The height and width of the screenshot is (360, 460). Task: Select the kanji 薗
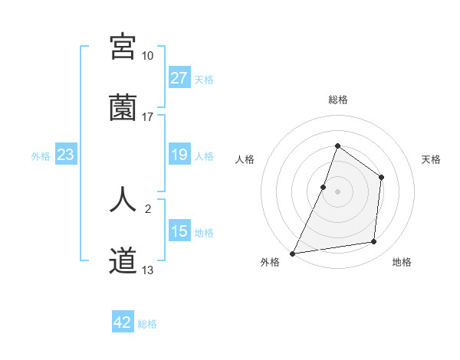(123, 108)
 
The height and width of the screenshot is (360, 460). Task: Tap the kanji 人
(123, 198)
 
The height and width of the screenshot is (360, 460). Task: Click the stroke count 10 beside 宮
(147, 56)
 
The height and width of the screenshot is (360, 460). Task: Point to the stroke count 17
(147, 117)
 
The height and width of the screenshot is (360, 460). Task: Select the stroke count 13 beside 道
(147, 270)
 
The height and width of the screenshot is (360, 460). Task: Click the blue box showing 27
(179, 78)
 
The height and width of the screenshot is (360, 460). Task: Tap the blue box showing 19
(179, 155)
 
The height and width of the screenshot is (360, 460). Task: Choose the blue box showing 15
(179, 231)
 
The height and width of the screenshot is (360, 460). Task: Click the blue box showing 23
(66, 155)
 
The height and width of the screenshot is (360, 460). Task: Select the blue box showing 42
(123, 322)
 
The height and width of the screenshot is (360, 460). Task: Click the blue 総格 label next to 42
(147, 324)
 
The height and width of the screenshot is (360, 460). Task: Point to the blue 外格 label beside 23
(41, 156)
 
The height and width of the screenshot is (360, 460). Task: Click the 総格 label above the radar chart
(337, 100)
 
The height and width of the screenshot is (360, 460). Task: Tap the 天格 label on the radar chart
(432, 159)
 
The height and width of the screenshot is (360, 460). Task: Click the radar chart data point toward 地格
(374, 242)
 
